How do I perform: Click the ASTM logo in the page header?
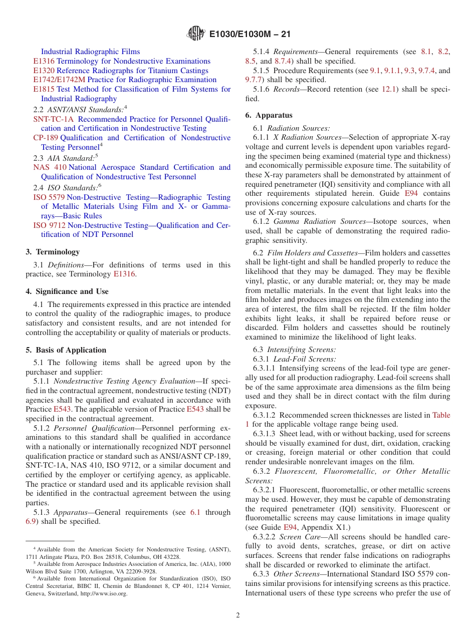pyautogui.click(x=196, y=34)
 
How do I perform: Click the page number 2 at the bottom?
pyautogui.click(x=238, y=615)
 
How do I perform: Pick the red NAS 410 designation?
pyautogui.click(x=50, y=167)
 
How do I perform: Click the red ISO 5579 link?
pyautogui.click(x=49, y=197)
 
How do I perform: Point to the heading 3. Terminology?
pyautogui.click(x=53, y=252)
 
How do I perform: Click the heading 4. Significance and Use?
pyautogui.click(x=67, y=291)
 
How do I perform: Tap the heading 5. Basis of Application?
pyautogui.click(x=66, y=350)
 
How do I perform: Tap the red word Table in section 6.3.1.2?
pyautogui.click(x=441, y=415)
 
